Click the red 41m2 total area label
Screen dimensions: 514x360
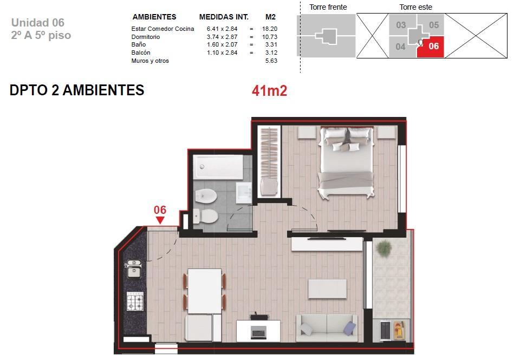click(269, 91)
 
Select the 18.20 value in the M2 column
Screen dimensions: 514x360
click(269, 29)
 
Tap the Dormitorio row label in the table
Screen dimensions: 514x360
click(146, 37)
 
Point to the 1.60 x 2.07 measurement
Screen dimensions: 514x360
click(222, 44)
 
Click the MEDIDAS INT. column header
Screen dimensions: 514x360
click(224, 17)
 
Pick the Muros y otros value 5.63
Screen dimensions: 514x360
click(271, 61)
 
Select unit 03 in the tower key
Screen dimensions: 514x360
click(401, 25)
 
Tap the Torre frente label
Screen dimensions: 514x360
click(328, 7)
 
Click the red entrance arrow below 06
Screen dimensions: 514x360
click(160, 221)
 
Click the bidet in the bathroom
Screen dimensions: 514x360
click(206, 197)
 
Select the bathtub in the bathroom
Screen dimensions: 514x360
click(218, 167)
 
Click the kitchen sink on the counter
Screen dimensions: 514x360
click(134, 269)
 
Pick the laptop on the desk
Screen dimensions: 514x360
click(258, 332)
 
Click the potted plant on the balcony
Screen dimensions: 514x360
click(384, 248)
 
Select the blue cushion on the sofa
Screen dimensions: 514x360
click(350, 328)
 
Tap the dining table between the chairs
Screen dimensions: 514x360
click(205, 291)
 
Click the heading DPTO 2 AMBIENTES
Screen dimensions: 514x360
click(77, 90)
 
